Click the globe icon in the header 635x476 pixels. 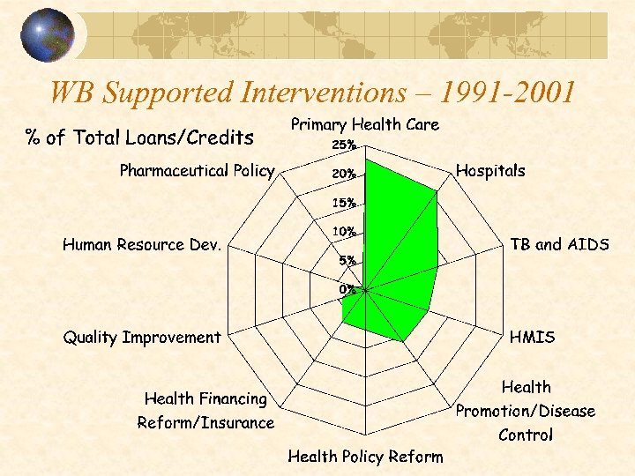[47, 35]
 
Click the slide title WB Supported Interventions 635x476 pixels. [313, 92]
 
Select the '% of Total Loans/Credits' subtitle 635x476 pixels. [139, 138]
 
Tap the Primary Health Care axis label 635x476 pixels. [365, 125]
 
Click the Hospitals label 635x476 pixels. [490, 171]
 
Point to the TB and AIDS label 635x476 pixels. [560, 245]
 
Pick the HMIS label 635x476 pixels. [533, 337]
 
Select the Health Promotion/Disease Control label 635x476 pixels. [526, 411]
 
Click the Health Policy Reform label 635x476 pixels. [365, 456]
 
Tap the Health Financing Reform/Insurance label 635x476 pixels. [205, 411]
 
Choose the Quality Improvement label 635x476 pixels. [141, 337]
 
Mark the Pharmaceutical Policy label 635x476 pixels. [197, 171]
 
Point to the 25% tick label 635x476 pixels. [343, 145]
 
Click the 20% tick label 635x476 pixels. [343, 174]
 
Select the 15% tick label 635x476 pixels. [343, 203]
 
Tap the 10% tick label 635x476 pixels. [343, 232]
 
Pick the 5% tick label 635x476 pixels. [347, 261]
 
